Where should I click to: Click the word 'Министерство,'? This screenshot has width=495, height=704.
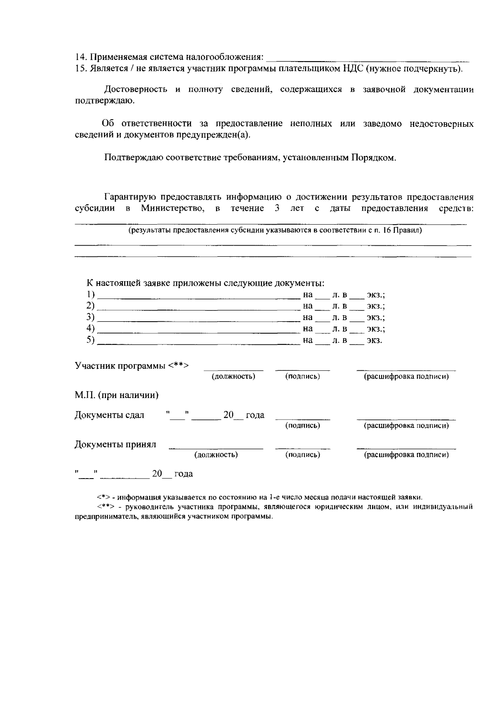(173, 208)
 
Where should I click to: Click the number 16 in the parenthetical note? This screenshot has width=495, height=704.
(387, 230)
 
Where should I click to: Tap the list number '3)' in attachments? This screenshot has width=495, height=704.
(90, 318)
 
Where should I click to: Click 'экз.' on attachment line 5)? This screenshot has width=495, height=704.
(374, 341)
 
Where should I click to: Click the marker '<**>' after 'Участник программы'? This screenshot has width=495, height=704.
(179, 365)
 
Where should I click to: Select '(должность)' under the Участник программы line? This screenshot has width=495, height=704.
(233, 377)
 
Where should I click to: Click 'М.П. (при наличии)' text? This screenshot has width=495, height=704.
(117, 395)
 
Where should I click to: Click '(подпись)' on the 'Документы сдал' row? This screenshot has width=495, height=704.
(302, 425)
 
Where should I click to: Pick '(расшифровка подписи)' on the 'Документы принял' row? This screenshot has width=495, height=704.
(406, 455)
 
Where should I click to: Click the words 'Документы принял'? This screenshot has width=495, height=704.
(115, 444)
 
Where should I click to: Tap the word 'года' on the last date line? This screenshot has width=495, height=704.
(184, 474)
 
